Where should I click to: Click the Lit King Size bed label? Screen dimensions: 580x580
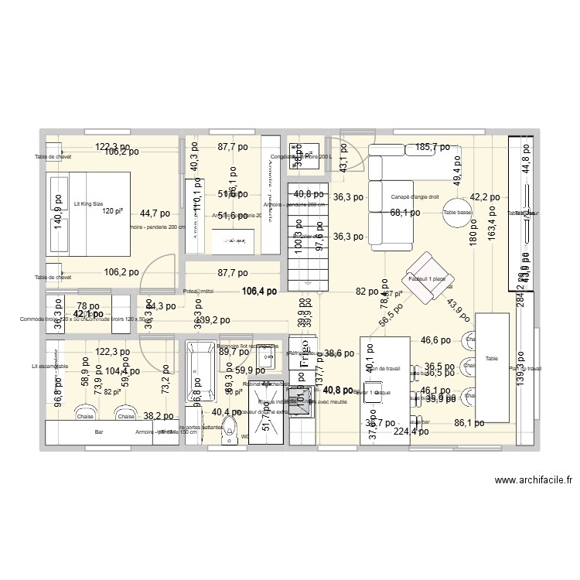[87, 204]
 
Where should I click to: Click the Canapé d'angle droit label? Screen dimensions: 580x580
[415, 196]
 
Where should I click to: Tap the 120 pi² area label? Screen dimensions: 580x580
[113, 211]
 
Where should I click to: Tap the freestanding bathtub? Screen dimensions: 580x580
[200, 374]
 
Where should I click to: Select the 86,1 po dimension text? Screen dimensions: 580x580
[469, 423]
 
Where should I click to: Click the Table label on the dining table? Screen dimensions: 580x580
[492, 359]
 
